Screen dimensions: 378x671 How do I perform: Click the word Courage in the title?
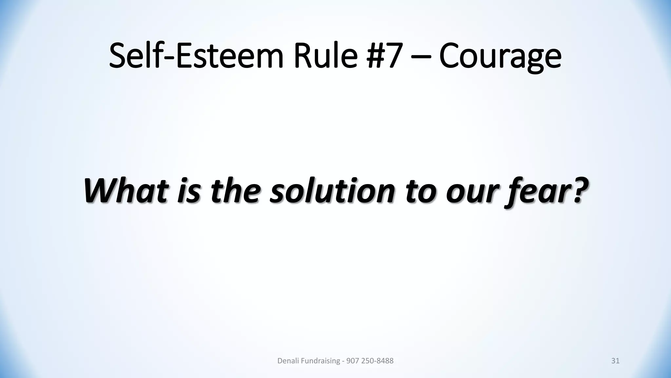pos(500,57)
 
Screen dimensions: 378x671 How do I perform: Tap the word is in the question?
pos(188,191)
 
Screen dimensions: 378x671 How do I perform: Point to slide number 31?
pos(615,361)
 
